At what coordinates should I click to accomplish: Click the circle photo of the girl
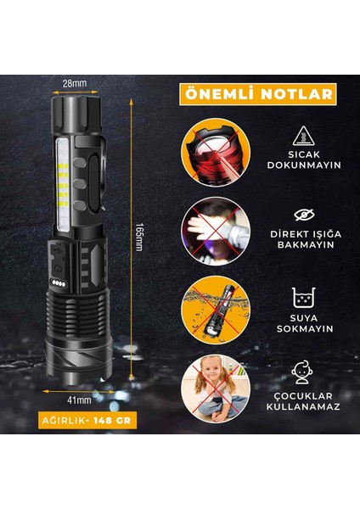(219, 389)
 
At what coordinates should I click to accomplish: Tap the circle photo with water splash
(219, 309)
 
